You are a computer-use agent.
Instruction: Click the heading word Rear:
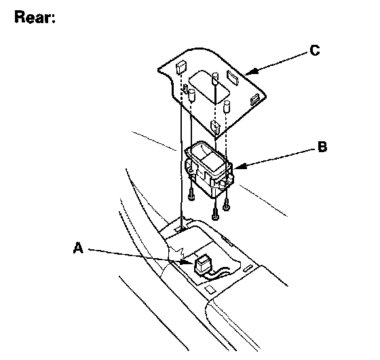(35, 17)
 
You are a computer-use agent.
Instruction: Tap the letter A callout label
(78, 248)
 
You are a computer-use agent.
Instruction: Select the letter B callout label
(322, 147)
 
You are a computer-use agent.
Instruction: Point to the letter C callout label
(315, 50)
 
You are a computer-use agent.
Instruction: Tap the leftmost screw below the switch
(191, 194)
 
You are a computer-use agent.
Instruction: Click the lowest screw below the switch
(215, 214)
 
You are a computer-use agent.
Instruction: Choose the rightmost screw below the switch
(226, 204)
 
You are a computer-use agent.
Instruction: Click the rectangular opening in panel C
(210, 88)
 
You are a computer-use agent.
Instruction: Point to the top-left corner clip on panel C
(181, 67)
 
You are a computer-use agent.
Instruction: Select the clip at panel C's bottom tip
(215, 127)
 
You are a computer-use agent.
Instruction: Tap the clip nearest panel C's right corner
(255, 99)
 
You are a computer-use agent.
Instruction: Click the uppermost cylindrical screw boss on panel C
(215, 78)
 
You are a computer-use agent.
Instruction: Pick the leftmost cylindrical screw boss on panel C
(191, 96)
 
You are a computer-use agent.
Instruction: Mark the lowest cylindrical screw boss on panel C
(227, 107)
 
